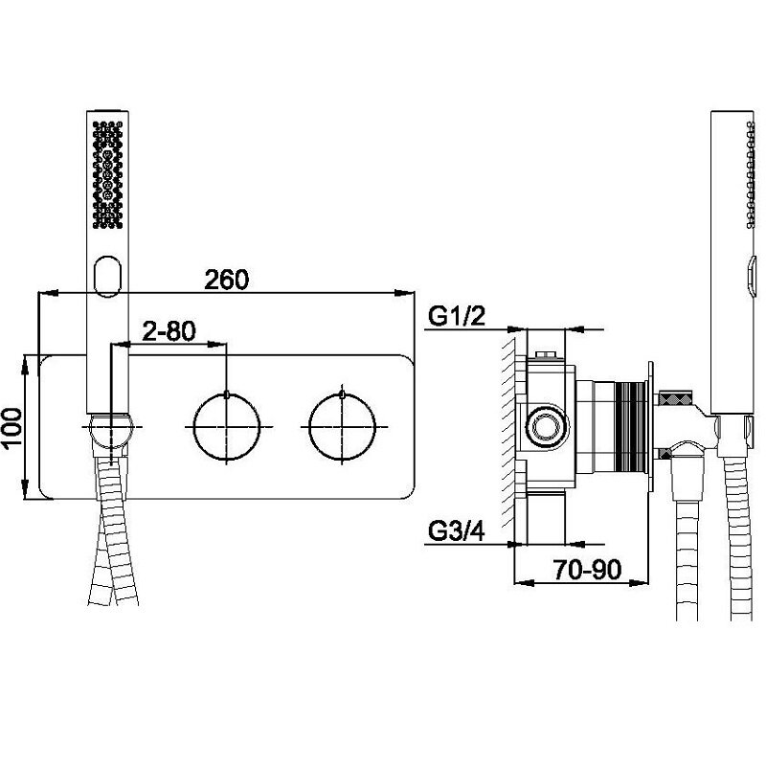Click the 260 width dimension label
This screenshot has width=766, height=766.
(226, 280)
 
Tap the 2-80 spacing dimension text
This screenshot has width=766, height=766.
(169, 330)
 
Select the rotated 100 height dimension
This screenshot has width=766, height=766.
(11, 427)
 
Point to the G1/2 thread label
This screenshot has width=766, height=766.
(457, 316)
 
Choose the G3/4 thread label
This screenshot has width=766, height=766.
(457, 531)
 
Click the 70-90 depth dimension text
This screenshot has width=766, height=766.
(587, 570)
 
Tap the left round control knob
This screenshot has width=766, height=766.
(226, 426)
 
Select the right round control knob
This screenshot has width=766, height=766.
(342, 426)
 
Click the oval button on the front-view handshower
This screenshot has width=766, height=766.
(107, 276)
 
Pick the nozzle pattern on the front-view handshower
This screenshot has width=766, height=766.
(107, 174)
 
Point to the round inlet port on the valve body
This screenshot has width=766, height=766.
(546, 427)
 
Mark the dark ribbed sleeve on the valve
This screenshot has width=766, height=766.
(631, 427)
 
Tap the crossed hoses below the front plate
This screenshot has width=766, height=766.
(113, 532)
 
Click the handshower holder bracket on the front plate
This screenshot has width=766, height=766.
(111, 432)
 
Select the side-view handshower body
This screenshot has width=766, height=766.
(732, 264)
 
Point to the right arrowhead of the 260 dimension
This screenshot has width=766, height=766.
(404, 293)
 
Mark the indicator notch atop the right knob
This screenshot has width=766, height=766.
(342, 394)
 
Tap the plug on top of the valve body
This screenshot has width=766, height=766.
(546, 355)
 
